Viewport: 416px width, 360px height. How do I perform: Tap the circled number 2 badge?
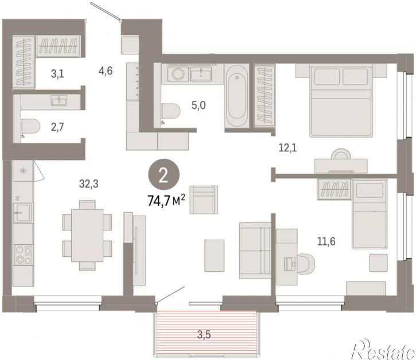click(164, 175)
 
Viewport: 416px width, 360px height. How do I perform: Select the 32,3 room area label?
click(88, 183)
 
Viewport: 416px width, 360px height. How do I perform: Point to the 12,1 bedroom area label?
click(287, 148)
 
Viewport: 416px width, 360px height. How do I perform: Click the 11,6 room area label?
click(326, 241)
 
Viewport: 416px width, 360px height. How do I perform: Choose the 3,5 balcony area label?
click(204, 335)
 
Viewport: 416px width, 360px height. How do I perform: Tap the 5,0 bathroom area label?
click(199, 105)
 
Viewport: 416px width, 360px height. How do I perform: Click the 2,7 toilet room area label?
click(57, 127)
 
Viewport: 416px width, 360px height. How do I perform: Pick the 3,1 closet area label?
click(57, 74)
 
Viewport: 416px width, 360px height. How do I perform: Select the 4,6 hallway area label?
click(106, 71)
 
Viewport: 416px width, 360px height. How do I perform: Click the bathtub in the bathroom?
click(237, 96)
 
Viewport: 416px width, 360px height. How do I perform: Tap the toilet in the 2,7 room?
click(30, 127)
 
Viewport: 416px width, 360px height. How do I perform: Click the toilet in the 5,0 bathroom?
click(170, 111)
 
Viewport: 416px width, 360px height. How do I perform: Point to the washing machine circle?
click(178, 73)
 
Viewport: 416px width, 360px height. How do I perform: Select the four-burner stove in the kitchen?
click(24, 255)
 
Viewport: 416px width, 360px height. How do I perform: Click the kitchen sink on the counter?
click(23, 212)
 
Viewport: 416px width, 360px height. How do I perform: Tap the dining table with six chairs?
click(87, 236)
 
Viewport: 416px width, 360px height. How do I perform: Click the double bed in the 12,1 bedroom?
click(341, 101)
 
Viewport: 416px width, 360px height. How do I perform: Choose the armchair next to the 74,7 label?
click(204, 199)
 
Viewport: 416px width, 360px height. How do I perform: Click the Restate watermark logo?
click(383, 349)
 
